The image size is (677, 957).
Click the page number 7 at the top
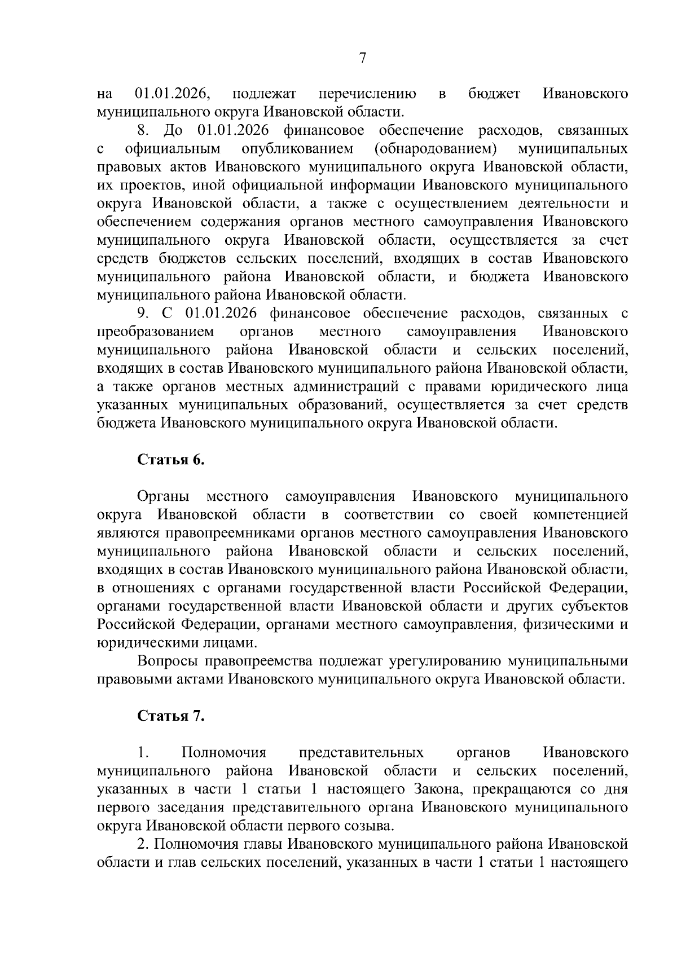[x=363, y=58]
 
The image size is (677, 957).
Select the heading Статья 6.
[x=171, y=460]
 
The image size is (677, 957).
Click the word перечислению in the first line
[x=367, y=94]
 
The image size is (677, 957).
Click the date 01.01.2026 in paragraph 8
[x=233, y=131]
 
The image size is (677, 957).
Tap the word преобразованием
[x=156, y=331]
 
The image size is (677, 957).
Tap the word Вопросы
[x=168, y=661]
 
